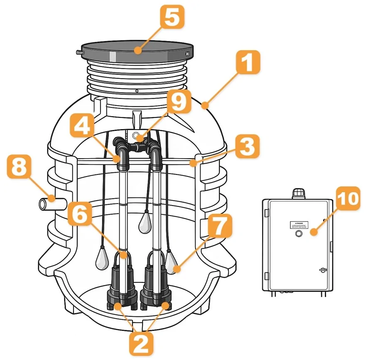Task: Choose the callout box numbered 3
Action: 247,148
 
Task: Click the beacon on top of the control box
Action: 298,193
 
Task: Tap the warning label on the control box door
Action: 298,225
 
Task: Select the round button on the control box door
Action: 298,234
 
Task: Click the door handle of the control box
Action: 322,270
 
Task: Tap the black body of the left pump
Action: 122,282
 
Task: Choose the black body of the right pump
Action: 155,282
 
